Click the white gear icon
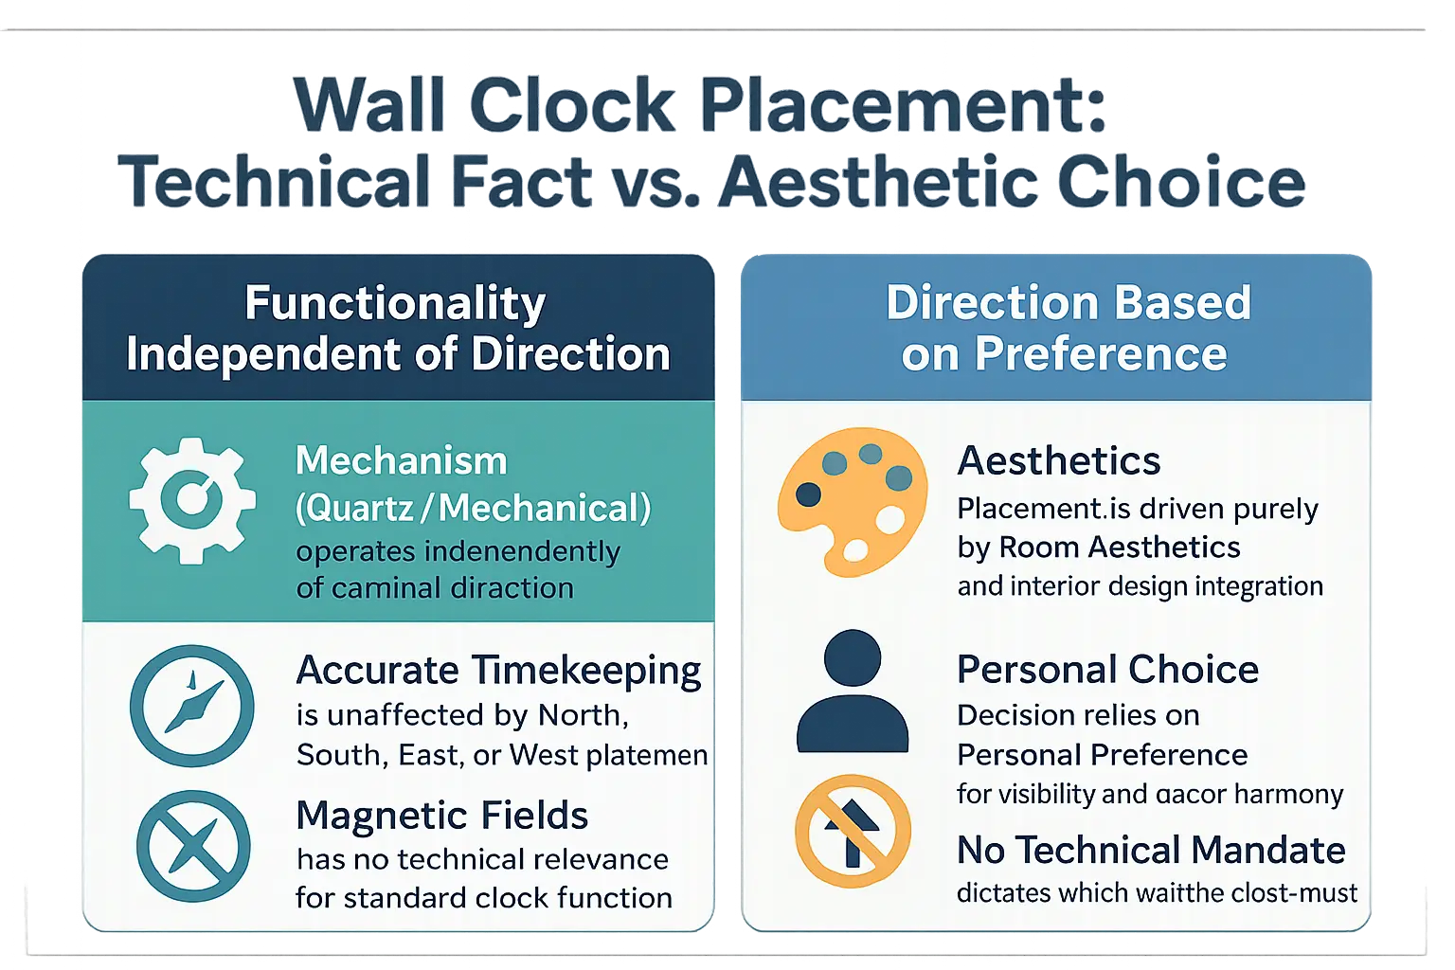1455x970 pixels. click(192, 500)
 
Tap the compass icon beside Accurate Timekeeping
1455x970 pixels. click(192, 706)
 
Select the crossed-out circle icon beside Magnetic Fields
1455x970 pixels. click(193, 846)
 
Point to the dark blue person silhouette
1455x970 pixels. click(853, 692)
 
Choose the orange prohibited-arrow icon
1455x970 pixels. click(853, 831)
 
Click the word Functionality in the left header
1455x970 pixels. click(395, 304)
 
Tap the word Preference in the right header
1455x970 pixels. click(1101, 354)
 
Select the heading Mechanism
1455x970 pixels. click(402, 461)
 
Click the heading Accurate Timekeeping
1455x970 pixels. click(498, 671)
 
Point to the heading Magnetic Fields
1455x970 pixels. click(442, 816)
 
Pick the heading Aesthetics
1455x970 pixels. click(1058, 461)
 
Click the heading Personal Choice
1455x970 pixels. click(1107, 670)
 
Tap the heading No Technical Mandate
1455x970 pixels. click(1151, 850)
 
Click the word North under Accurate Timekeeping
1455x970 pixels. click(582, 715)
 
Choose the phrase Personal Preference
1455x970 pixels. click(1102, 755)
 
